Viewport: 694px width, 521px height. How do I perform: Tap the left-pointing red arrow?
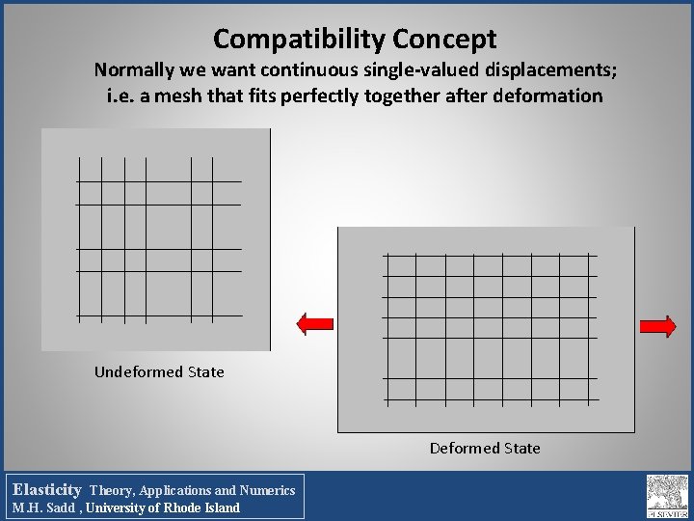315,325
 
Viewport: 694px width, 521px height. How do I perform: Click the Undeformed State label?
159,371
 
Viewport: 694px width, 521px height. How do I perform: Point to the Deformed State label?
485,448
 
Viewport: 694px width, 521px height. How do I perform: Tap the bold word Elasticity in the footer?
46,490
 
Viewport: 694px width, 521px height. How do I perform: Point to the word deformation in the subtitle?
547,96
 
